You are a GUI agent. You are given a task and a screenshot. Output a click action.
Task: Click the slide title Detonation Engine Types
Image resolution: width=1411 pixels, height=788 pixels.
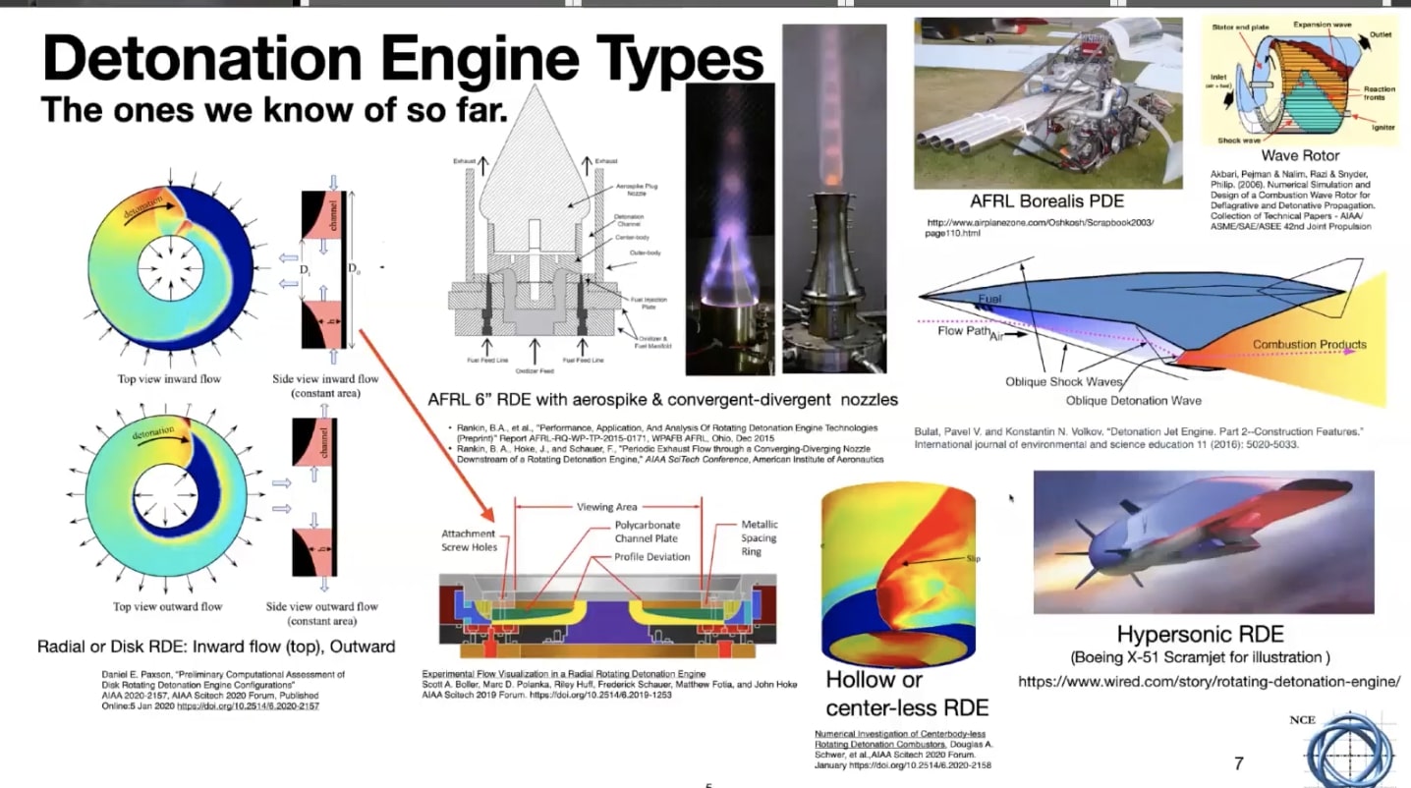tap(403, 59)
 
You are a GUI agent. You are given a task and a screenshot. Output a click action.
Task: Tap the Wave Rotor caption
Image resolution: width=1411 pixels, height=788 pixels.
tap(1300, 155)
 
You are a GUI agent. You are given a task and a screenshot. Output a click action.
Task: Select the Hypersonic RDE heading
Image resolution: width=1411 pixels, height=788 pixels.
tap(1200, 634)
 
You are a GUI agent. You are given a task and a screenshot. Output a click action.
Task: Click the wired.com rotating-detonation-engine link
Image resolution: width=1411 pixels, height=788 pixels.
tap(1208, 681)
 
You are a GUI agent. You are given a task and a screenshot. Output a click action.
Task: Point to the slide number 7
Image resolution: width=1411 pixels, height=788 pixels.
tap(1238, 762)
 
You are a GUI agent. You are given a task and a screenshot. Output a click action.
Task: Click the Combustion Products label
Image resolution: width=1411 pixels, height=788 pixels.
tap(1309, 345)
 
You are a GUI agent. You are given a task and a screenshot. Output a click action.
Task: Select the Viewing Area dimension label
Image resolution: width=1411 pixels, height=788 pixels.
tap(607, 508)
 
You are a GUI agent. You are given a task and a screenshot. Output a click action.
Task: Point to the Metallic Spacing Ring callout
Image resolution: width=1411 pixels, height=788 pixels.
tap(759, 537)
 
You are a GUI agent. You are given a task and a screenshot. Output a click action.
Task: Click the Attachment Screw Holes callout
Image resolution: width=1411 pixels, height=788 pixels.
tap(470, 540)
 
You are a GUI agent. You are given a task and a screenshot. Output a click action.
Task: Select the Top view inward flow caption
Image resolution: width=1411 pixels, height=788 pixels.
tap(169, 379)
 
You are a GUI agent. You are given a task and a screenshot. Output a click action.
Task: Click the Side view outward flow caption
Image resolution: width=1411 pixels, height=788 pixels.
tap(322, 613)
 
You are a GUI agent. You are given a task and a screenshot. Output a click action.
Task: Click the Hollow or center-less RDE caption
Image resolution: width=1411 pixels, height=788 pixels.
tap(906, 693)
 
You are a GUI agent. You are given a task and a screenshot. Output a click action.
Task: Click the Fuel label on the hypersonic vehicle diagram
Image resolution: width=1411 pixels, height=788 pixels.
tap(989, 299)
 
